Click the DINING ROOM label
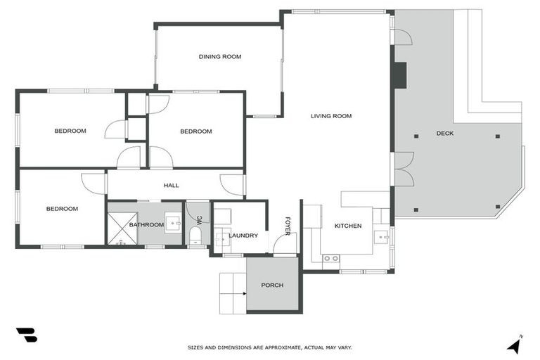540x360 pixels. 219,56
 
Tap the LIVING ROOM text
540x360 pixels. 330,116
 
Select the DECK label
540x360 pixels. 444,134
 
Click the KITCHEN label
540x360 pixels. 347,226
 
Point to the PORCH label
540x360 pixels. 271,285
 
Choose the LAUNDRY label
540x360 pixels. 243,236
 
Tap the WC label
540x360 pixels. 199,219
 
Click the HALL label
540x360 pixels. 171,186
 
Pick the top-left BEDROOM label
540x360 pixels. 70,131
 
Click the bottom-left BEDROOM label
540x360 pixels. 62,209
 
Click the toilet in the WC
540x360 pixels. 195,236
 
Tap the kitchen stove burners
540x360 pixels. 330,259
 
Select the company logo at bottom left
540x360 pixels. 26,335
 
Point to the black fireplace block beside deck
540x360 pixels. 399,75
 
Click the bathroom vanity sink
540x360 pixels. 172,219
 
